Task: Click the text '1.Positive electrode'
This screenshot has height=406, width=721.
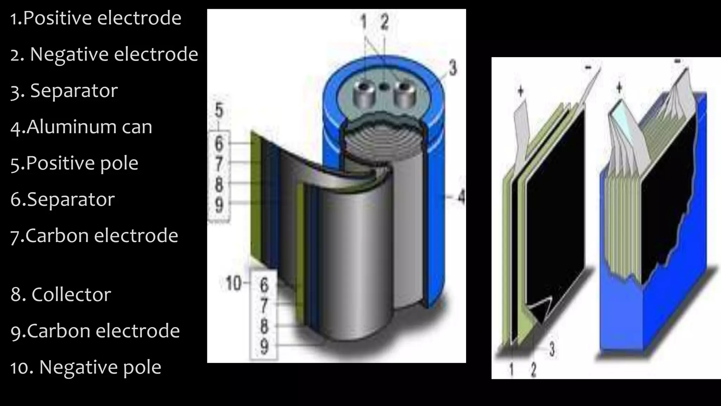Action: click(95, 18)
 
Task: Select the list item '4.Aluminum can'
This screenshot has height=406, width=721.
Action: click(81, 127)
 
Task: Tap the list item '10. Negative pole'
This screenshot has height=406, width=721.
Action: click(86, 367)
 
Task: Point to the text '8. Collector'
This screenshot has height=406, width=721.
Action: click(61, 295)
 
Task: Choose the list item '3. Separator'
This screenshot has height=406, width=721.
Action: click(64, 91)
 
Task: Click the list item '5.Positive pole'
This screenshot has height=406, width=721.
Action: click(74, 163)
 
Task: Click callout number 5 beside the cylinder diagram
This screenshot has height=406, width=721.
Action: click(219, 111)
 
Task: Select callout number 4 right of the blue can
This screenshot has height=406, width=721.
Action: click(461, 197)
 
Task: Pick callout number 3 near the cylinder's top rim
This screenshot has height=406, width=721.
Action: click(453, 68)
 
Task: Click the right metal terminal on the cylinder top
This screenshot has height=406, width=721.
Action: click(403, 94)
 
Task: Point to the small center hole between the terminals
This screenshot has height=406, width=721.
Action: click(384, 86)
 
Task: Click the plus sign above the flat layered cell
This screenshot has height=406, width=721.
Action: click(520, 91)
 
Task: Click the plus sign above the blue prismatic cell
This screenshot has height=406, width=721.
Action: click(620, 88)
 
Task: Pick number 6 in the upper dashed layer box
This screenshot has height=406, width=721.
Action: click(219, 143)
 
